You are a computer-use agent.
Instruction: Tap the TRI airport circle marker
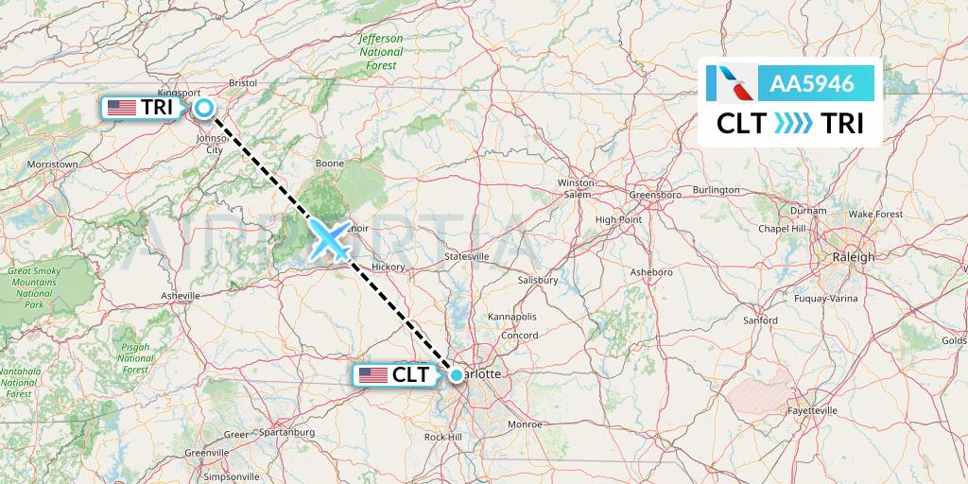(x=204, y=109)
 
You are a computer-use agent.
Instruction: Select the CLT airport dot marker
(x=458, y=375)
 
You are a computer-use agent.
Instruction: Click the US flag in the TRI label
(x=122, y=108)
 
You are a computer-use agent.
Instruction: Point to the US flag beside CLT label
(x=372, y=375)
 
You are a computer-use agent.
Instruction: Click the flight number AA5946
(x=812, y=84)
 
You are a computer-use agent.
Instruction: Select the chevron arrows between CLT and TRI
(x=791, y=124)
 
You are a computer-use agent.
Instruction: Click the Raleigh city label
(x=854, y=256)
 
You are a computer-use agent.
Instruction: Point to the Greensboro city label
(x=655, y=195)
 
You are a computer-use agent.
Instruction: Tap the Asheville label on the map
(x=181, y=296)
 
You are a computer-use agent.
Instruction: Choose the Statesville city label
(x=467, y=256)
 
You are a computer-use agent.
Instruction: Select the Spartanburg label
(x=285, y=432)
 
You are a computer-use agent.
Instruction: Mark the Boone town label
(x=329, y=164)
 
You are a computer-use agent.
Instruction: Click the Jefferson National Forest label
(x=381, y=52)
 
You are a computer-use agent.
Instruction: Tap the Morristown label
(x=53, y=164)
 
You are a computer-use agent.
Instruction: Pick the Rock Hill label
(x=441, y=437)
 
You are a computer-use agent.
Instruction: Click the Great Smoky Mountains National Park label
(x=33, y=287)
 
